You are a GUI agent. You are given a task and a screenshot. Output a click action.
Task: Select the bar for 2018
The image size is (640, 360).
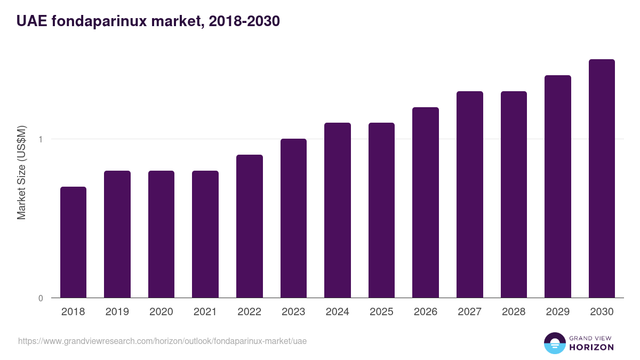(x=73, y=242)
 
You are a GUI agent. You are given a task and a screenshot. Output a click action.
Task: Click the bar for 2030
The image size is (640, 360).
(x=602, y=179)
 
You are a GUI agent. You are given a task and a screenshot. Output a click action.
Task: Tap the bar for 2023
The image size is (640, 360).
(x=293, y=218)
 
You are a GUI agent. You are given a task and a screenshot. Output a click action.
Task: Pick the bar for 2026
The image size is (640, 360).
(x=426, y=203)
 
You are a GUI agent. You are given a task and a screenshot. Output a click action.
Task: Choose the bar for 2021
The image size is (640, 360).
(x=205, y=234)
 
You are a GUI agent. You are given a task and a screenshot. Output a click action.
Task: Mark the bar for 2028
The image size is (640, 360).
(x=514, y=195)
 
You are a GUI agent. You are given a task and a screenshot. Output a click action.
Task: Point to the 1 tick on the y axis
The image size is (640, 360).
(x=41, y=139)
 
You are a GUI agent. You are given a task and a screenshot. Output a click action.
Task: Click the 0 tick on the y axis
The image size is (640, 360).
(x=41, y=298)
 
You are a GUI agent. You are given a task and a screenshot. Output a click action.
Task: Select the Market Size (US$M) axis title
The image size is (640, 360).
(x=22, y=173)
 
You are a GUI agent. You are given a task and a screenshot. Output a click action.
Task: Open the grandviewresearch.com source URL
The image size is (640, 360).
(x=162, y=341)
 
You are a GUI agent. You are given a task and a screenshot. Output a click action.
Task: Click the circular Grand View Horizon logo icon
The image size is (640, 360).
(x=555, y=343)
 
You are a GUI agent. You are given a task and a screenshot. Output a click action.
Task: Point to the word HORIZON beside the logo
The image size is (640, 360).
(x=591, y=347)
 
